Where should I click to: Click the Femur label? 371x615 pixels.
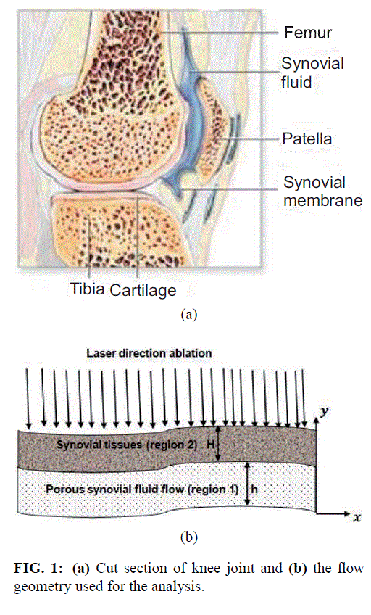point(308,32)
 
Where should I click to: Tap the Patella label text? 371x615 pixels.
point(307,139)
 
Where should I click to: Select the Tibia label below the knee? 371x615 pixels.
point(88,289)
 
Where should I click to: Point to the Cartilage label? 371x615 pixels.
point(143,290)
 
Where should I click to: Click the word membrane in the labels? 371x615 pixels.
point(322,200)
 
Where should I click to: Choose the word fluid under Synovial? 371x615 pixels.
point(296,82)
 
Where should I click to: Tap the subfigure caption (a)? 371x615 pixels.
point(189,314)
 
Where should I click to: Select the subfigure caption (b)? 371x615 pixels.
point(189,537)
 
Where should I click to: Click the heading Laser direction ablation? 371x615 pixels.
point(149,353)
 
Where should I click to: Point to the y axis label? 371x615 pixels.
point(324,411)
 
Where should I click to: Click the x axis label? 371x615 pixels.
point(357,518)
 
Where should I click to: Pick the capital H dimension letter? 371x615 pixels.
point(211,445)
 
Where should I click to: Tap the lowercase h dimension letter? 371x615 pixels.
point(254,489)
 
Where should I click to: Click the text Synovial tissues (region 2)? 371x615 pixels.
point(127,445)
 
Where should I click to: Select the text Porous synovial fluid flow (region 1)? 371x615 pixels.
point(142,490)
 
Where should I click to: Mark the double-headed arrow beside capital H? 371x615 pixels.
point(220,444)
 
